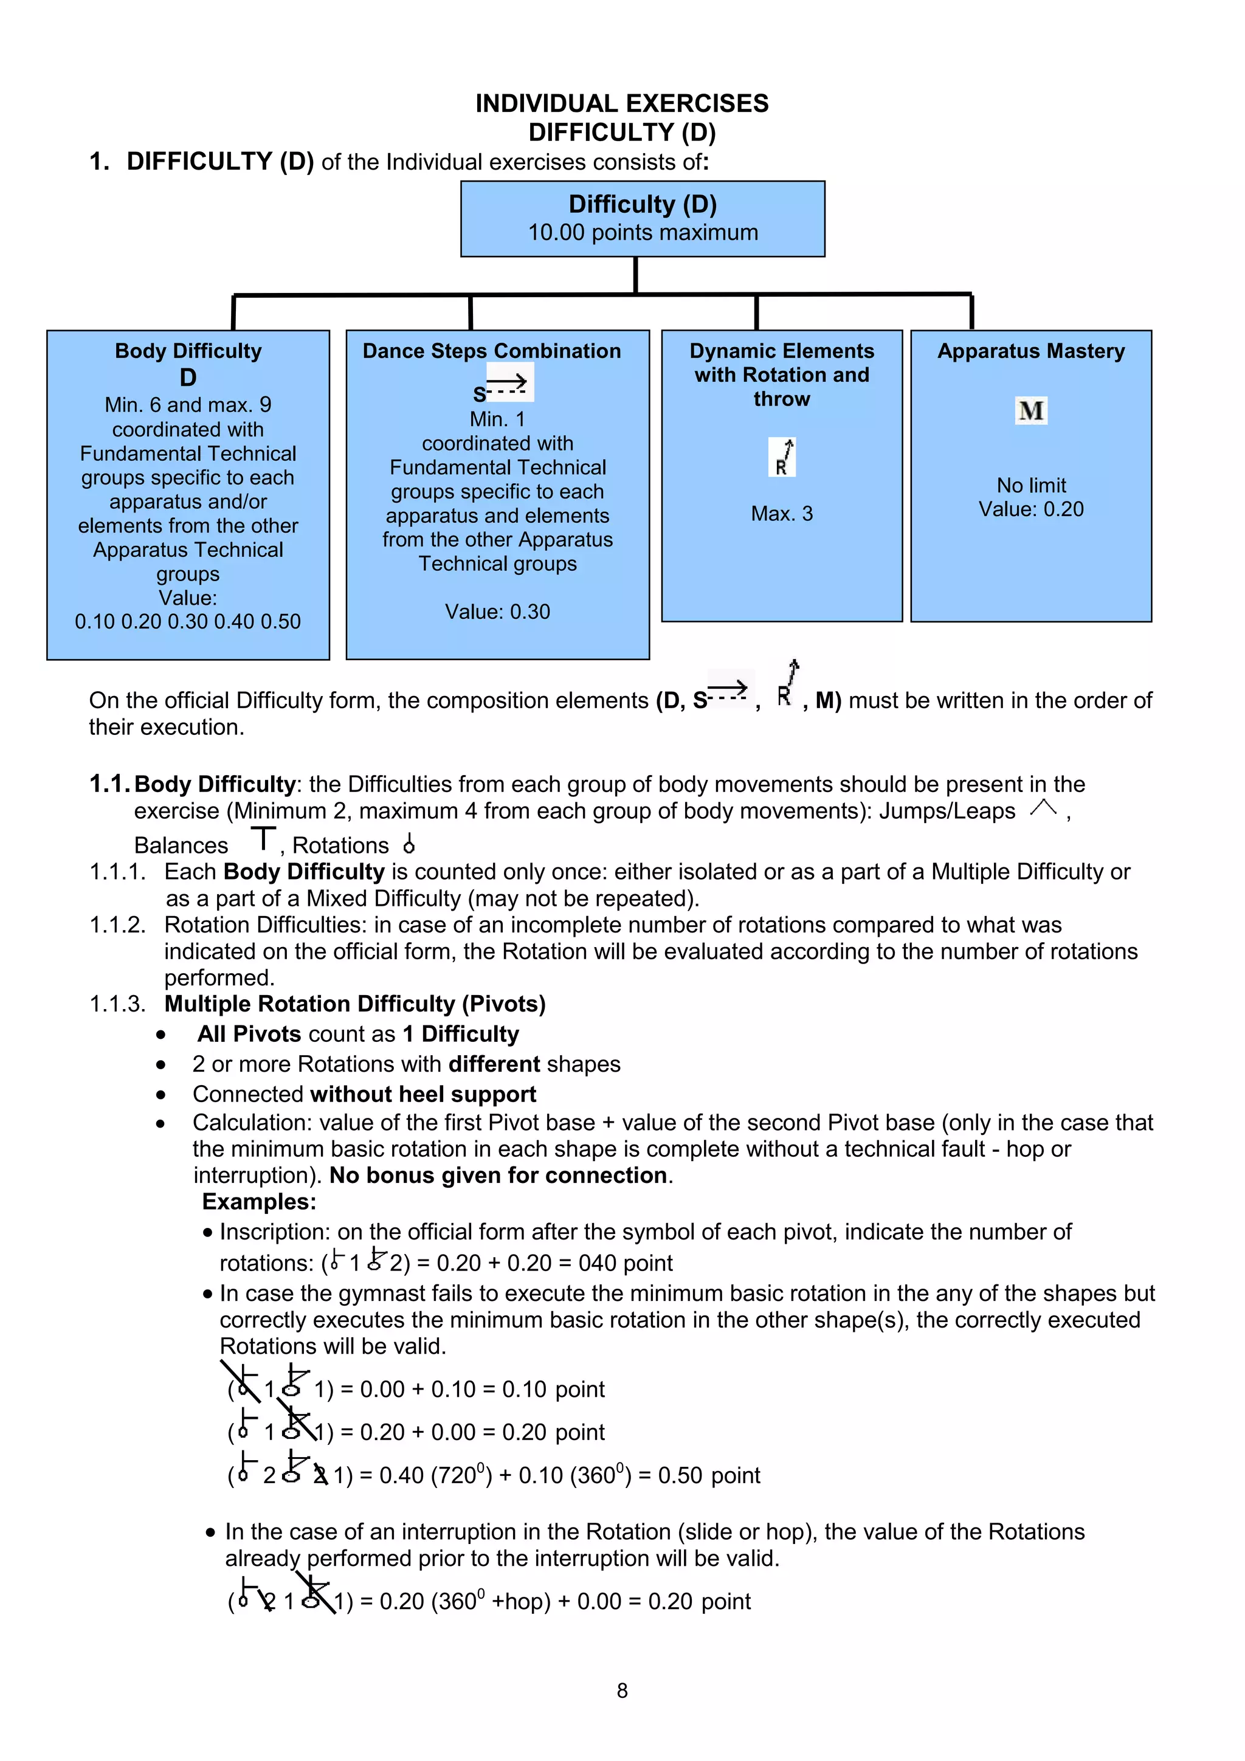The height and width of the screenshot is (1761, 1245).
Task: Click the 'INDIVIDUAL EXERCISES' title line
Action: click(x=621, y=103)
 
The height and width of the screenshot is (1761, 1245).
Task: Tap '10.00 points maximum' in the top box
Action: click(x=642, y=232)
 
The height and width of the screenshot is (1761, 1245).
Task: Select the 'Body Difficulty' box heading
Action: click(x=188, y=351)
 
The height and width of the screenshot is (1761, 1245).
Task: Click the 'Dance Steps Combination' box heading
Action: click(x=492, y=351)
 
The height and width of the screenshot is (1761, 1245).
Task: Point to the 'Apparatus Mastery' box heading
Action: click(x=1030, y=351)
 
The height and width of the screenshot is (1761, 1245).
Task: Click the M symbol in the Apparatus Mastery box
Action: click(x=1031, y=411)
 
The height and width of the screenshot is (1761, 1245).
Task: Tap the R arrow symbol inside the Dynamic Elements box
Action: click(x=782, y=458)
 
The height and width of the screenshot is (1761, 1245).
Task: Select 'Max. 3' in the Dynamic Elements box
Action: click(x=782, y=514)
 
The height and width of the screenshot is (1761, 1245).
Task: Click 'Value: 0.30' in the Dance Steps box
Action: click(x=497, y=612)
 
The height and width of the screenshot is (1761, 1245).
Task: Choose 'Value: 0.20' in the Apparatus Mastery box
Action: click(x=1031, y=510)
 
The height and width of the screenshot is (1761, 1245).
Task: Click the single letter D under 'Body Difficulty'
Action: click(x=188, y=377)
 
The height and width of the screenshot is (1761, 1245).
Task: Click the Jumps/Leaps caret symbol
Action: click(x=1043, y=808)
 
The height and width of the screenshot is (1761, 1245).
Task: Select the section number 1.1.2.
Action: click(x=117, y=925)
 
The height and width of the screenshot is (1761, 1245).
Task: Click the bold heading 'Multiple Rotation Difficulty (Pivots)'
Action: click(x=354, y=1004)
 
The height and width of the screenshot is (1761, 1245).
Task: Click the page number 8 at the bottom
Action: click(x=622, y=1690)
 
